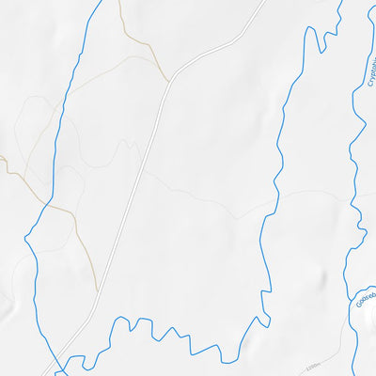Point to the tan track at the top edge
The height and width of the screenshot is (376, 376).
119,2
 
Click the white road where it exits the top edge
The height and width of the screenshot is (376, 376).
264,2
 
